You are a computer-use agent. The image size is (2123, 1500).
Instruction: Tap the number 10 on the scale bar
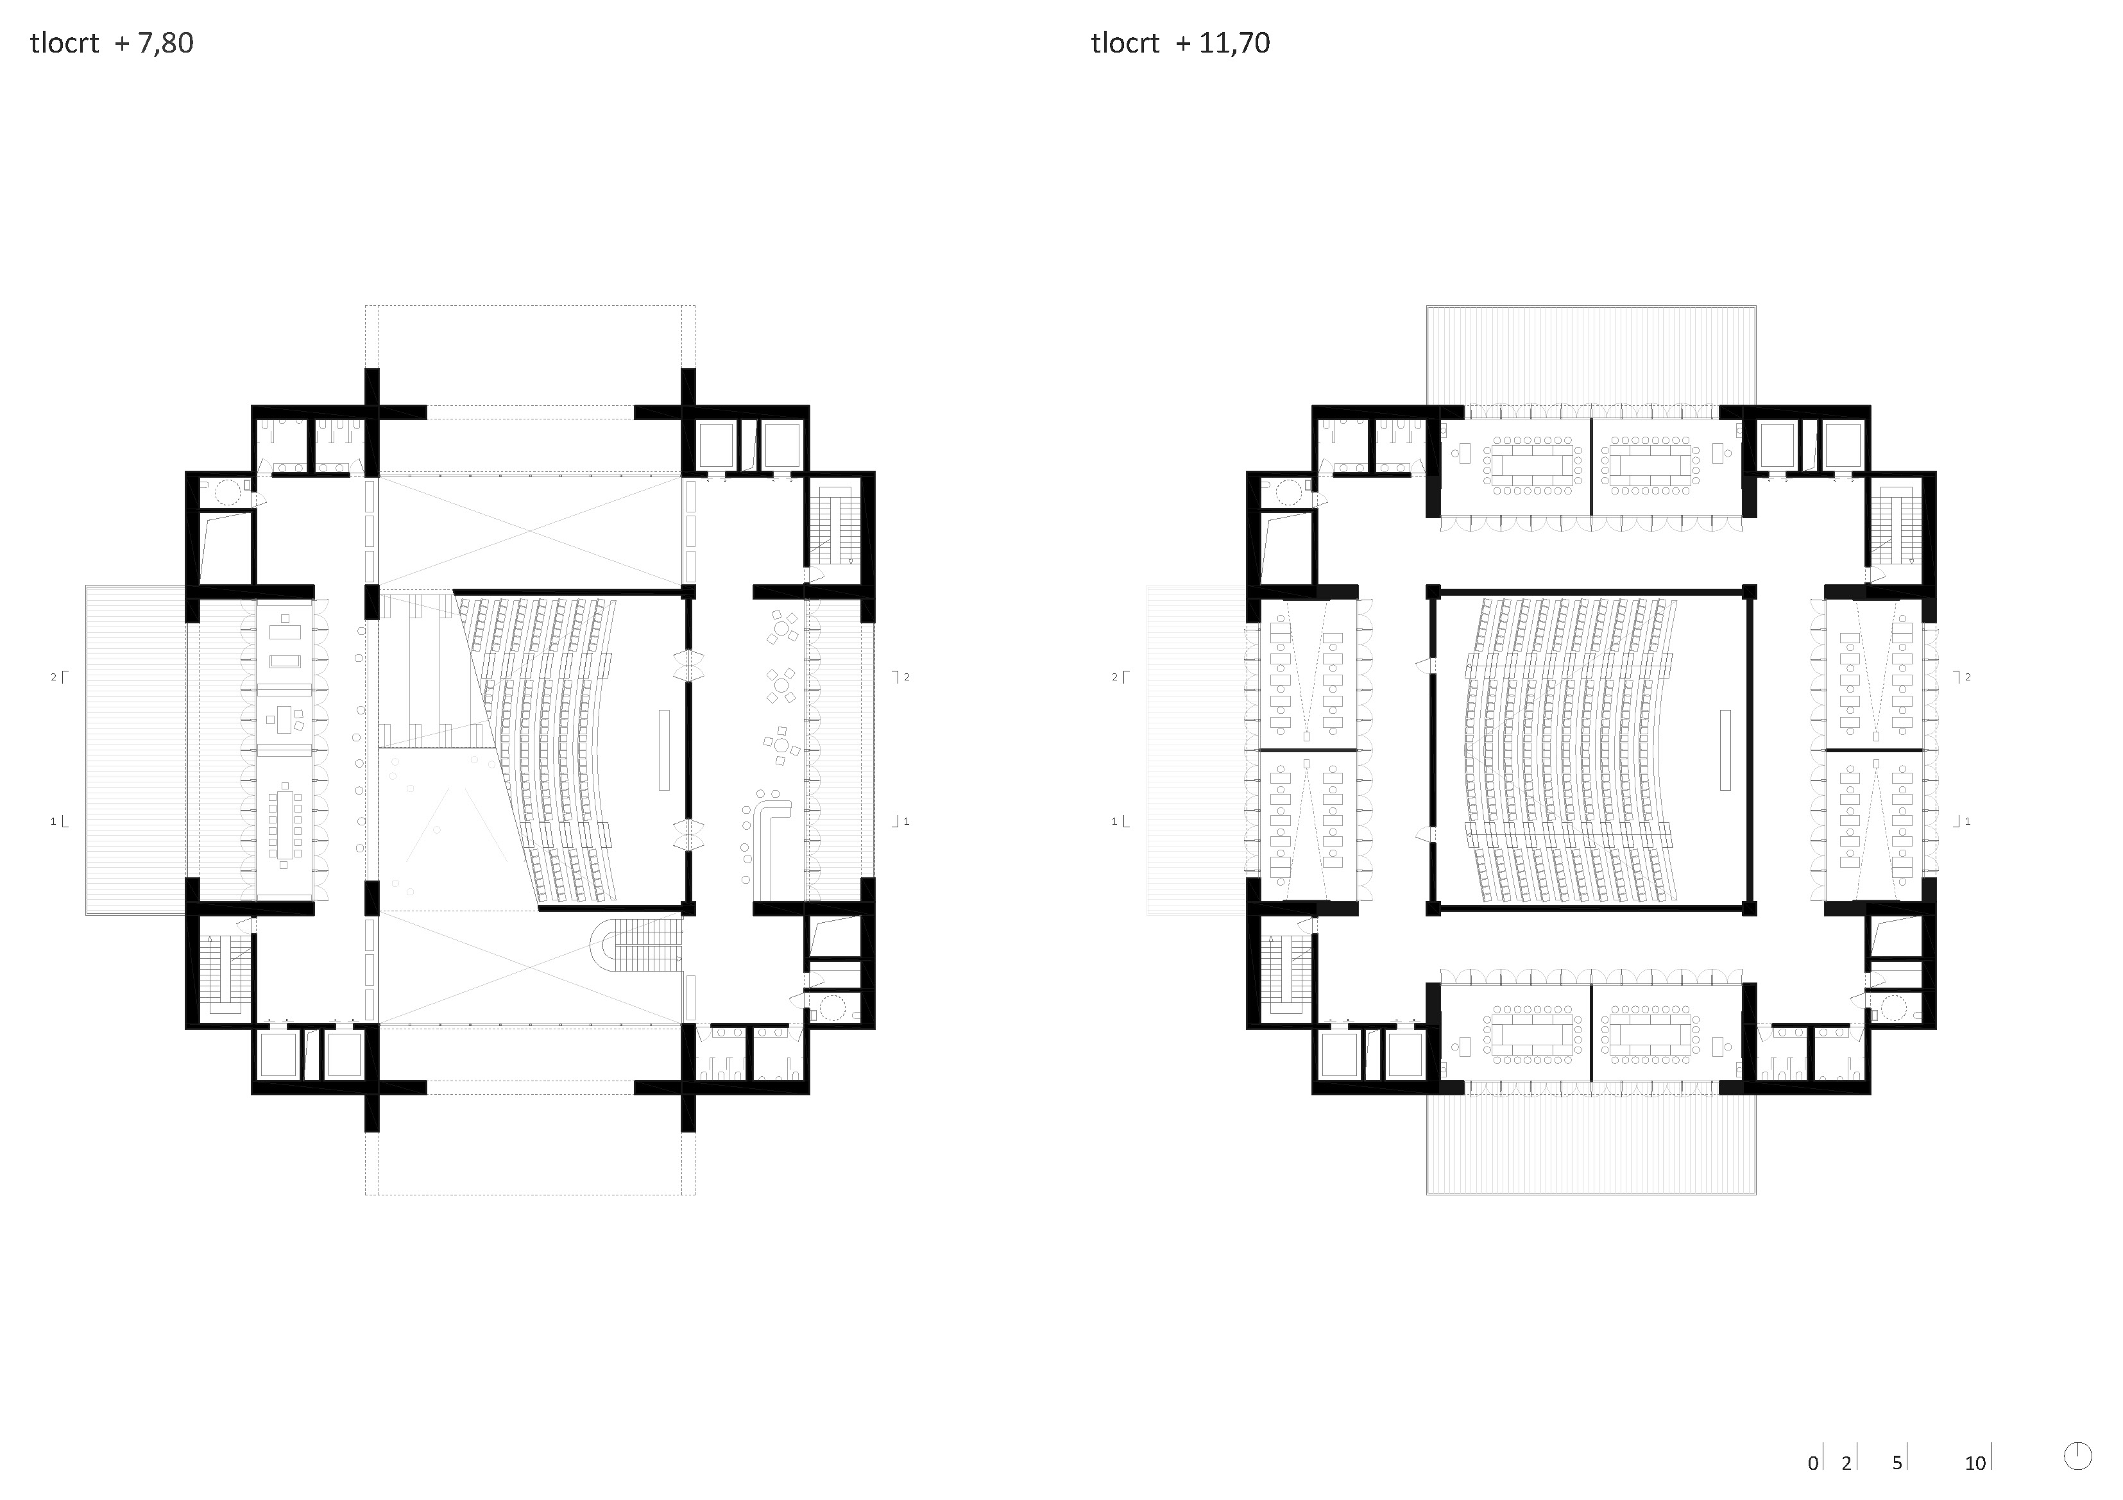[x=1975, y=1463]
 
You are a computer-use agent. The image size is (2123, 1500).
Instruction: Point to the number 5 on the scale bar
[x=1897, y=1463]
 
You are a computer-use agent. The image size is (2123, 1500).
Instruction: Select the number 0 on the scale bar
[x=1813, y=1463]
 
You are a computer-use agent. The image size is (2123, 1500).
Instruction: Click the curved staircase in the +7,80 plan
[x=637, y=945]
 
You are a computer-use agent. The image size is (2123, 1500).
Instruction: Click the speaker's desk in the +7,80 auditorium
[x=664, y=750]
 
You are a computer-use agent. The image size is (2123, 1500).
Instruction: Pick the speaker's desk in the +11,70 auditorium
[x=1725, y=750]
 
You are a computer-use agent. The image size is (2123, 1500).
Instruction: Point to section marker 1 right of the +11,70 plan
[x=1961, y=821]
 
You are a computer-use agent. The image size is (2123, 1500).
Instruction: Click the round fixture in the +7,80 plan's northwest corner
[x=228, y=493]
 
